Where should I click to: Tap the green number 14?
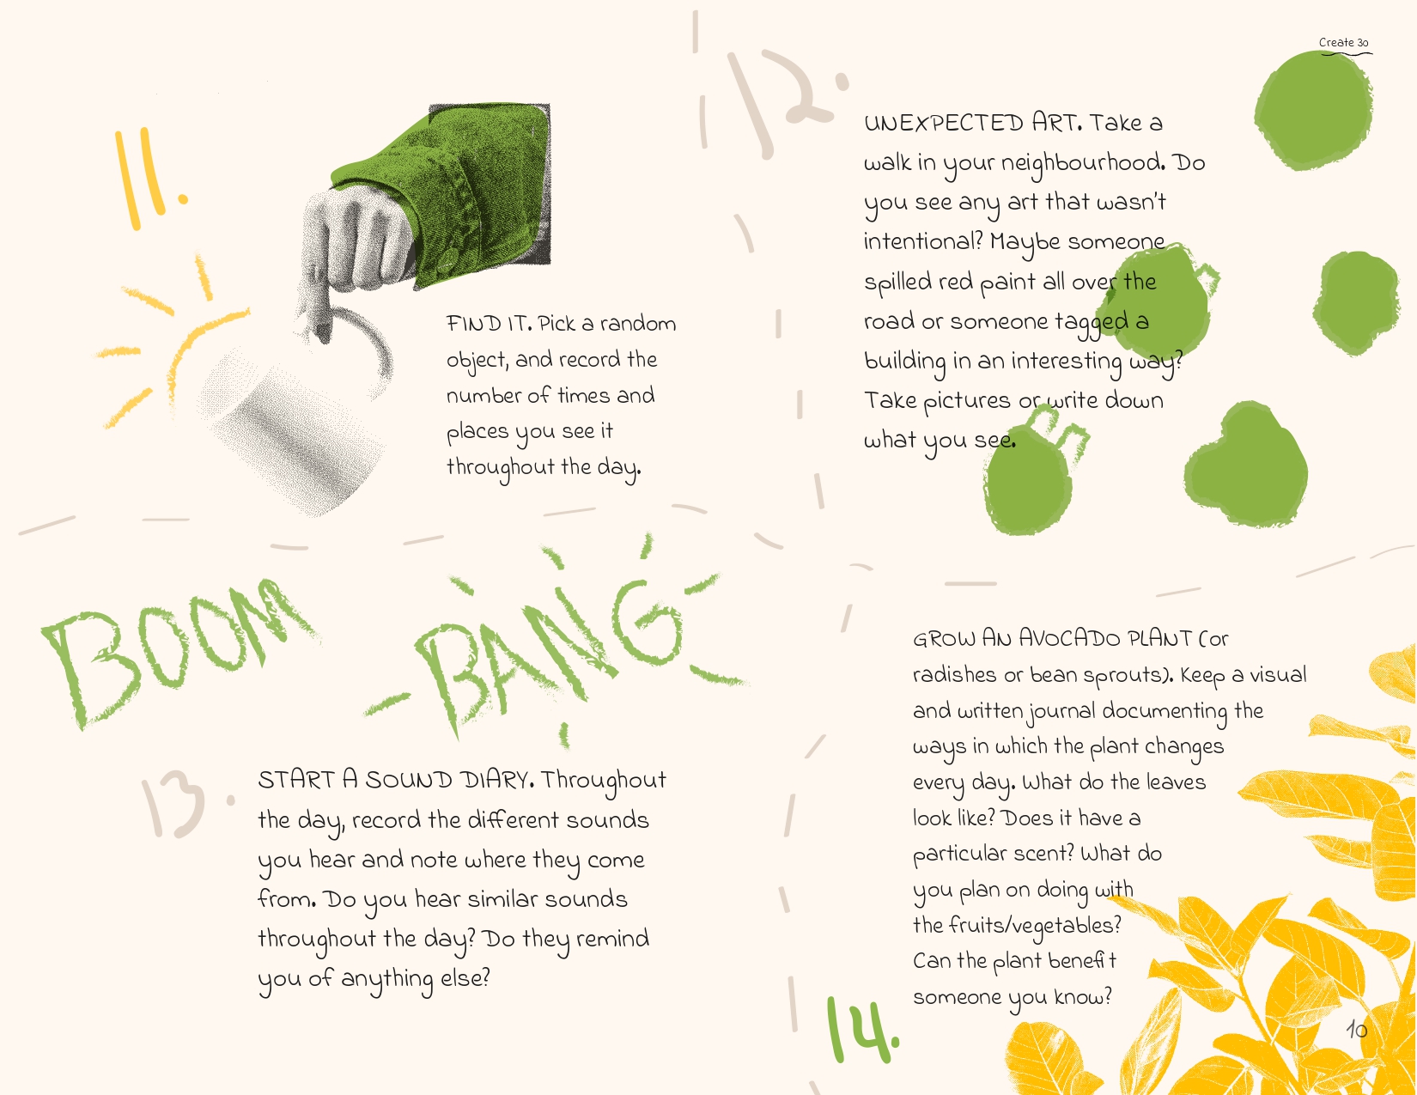coord(862,1030)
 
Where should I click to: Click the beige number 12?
coord(786,101)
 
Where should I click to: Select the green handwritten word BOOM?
coord(179,652)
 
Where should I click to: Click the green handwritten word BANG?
coord(554,652)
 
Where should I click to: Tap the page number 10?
coord(1356,1030)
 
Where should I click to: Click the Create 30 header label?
coord(1343,42)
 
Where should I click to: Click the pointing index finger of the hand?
coord(319,307)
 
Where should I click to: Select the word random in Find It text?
coord(638,324)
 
